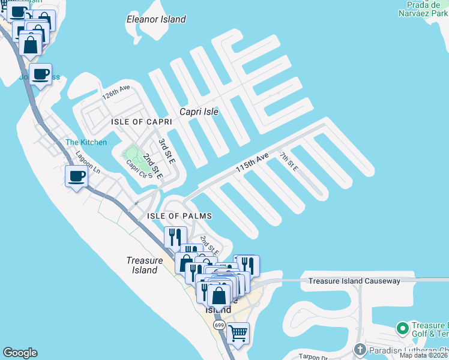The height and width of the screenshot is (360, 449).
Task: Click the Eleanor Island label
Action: pyautogui.click(x=156, y=19)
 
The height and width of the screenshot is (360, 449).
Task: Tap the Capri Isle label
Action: pyautogui.click(x=199, y=112)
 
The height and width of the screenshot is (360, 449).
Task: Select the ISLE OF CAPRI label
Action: pyautogui.click(x=142, y=122)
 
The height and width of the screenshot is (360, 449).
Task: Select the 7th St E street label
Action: pyautogui.click(x=288, y=162)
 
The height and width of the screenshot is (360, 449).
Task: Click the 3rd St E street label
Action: pyautogui.click(x=166, y=152)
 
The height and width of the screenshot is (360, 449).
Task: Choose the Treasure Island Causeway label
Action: pyautogui.click(x=354, y=281)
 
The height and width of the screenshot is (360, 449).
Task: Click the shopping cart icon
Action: pyautogui.click(x=238, y=332)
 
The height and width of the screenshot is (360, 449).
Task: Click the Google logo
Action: pyautogui.click(x=20, y=353)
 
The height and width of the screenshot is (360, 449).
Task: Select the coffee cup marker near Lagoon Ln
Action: pyautogui.click(x=76, y=176)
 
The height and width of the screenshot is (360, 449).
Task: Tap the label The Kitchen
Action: pyautogui.click(x=86, y=142)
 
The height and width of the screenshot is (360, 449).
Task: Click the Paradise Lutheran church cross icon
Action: pyautogui.click(x=360, y=349)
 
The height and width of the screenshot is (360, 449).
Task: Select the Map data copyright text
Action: pyautogui.click(x=424, y=356)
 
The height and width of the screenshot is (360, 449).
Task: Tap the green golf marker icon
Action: pyautogui.click(x=402, y=329)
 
